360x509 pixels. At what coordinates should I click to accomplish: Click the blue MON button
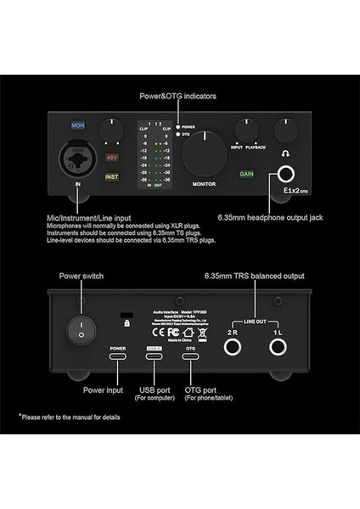(x=77, y=125)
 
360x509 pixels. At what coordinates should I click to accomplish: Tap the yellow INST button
(x=112, y=177)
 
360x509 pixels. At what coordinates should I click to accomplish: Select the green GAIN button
(x=247, y=174)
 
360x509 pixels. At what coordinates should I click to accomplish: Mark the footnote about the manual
(x=71, y=417)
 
